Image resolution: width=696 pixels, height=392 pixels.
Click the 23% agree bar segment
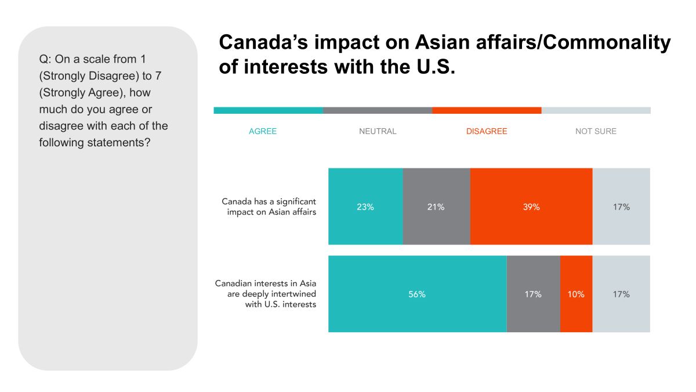pyautogui.click(x=365, y=207)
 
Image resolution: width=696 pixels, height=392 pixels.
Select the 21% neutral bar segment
pyautogui.click(x=436, y=207)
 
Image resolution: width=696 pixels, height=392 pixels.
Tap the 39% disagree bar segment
pyautogui.click(x=531, y=207)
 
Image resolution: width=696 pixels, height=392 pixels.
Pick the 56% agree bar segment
pyautogui.click(x=417, y=294)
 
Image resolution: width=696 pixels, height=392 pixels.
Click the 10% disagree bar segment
pyautogui.click(x=576, y=294)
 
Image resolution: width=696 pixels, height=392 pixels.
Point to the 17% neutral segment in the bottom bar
pyautogui.click(x=533, y=294)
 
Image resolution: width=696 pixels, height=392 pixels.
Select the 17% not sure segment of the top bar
pyautogui.click(x=621, y=207)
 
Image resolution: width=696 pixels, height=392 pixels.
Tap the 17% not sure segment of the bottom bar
pyautogui.click(x=621, y=294)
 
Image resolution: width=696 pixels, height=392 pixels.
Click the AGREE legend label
pyautogui.click(x=263, y=131)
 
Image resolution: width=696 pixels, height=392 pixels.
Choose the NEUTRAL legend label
pyautogui.click(x=378, y=131)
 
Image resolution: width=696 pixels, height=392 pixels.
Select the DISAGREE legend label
pyautogui.click(x=487, y=131)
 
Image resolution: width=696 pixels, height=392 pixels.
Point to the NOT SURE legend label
pyautogui.click(x=596, y=131)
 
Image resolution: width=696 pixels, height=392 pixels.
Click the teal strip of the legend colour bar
pyautogui.click(x=268, y=110)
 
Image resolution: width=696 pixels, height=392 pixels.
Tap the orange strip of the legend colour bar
pyautogui.click(x=487, y=110)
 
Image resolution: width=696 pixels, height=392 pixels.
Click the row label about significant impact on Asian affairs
pyautogui.click(x=269, y=207)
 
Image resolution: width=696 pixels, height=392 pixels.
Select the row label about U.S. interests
pyautogui.click(x=266, y=294)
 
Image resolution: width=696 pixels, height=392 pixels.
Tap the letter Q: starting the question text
pyautogui.click(x=45, y=59)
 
